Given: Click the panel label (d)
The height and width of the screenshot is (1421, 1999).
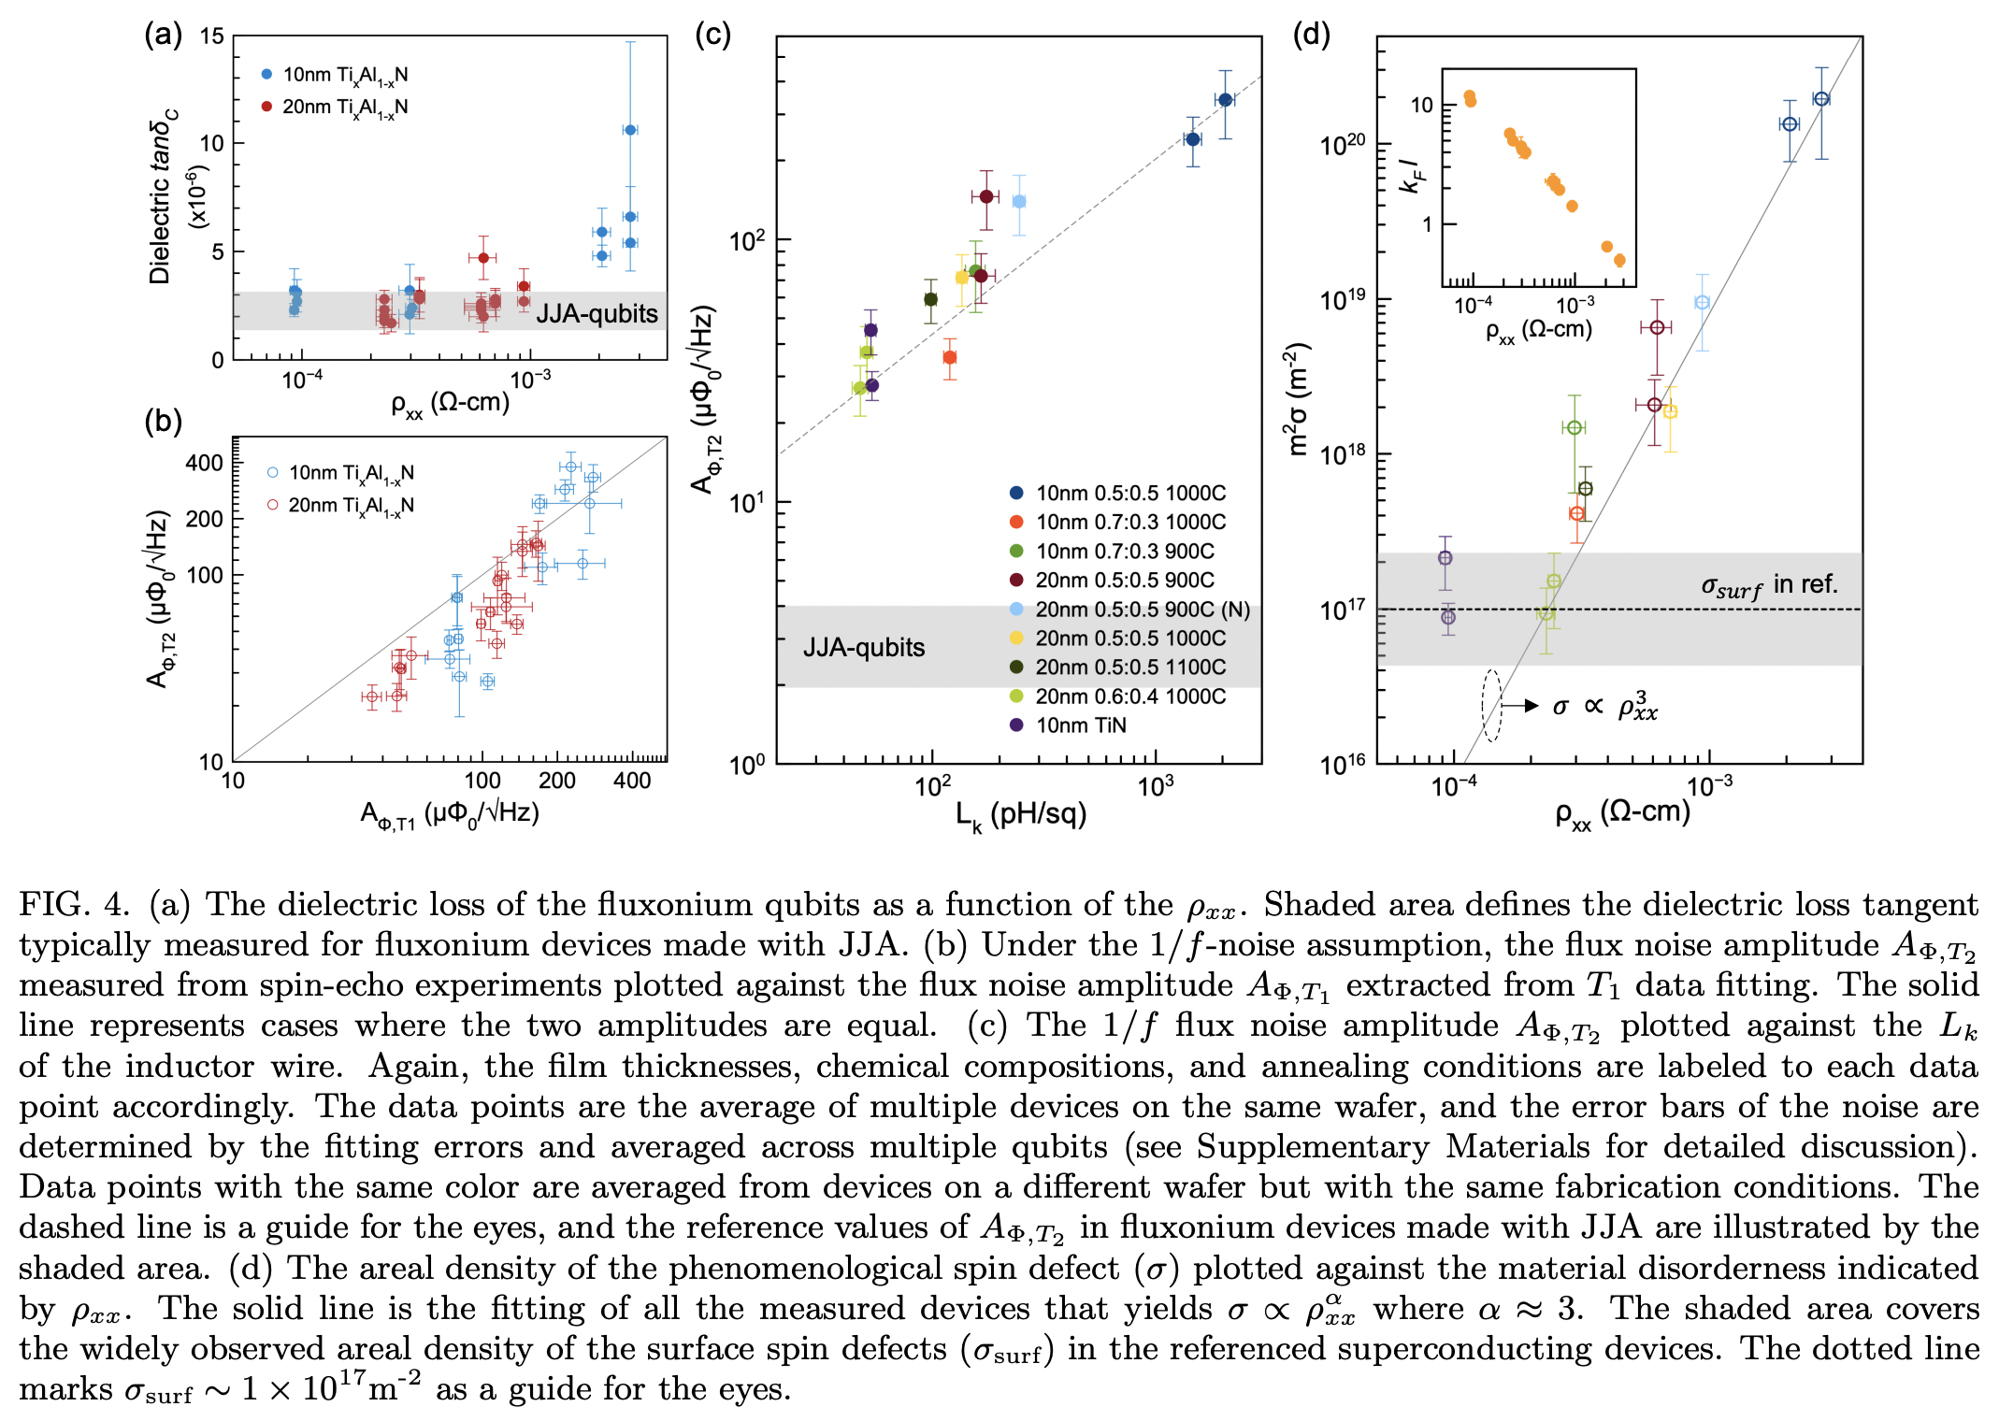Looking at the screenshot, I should coord(1310,35).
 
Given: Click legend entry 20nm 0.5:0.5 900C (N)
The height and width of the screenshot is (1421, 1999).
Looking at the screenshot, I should coord(1142,610).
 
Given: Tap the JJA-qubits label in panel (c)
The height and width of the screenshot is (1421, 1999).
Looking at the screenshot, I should coord(863,647).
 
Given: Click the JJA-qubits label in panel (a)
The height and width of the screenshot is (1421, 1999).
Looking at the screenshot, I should coord(597,314).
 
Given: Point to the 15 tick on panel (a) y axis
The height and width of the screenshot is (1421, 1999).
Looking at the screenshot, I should coord(212,36).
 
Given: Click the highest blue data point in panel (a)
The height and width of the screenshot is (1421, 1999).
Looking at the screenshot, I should coord(630,130).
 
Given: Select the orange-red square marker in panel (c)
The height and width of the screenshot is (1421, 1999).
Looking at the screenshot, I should coord(950,357).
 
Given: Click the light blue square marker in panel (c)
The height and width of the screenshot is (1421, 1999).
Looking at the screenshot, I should coord(1019,202).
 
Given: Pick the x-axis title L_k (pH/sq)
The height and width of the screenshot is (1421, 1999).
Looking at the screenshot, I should coord(1020,815).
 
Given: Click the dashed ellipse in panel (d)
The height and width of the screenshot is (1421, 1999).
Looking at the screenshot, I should coord(1491,706).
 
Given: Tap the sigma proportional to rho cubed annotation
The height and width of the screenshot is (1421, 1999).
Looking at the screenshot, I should coord(1604,707).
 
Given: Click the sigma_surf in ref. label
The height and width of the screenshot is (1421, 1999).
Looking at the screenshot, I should coord(1768,586).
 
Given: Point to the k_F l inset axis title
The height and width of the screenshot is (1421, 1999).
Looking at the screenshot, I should coord(1411,175).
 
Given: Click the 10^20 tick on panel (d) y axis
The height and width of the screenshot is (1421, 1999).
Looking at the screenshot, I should coord(1342,145).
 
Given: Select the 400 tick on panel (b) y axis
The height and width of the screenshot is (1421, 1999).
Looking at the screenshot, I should coord(204,463).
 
